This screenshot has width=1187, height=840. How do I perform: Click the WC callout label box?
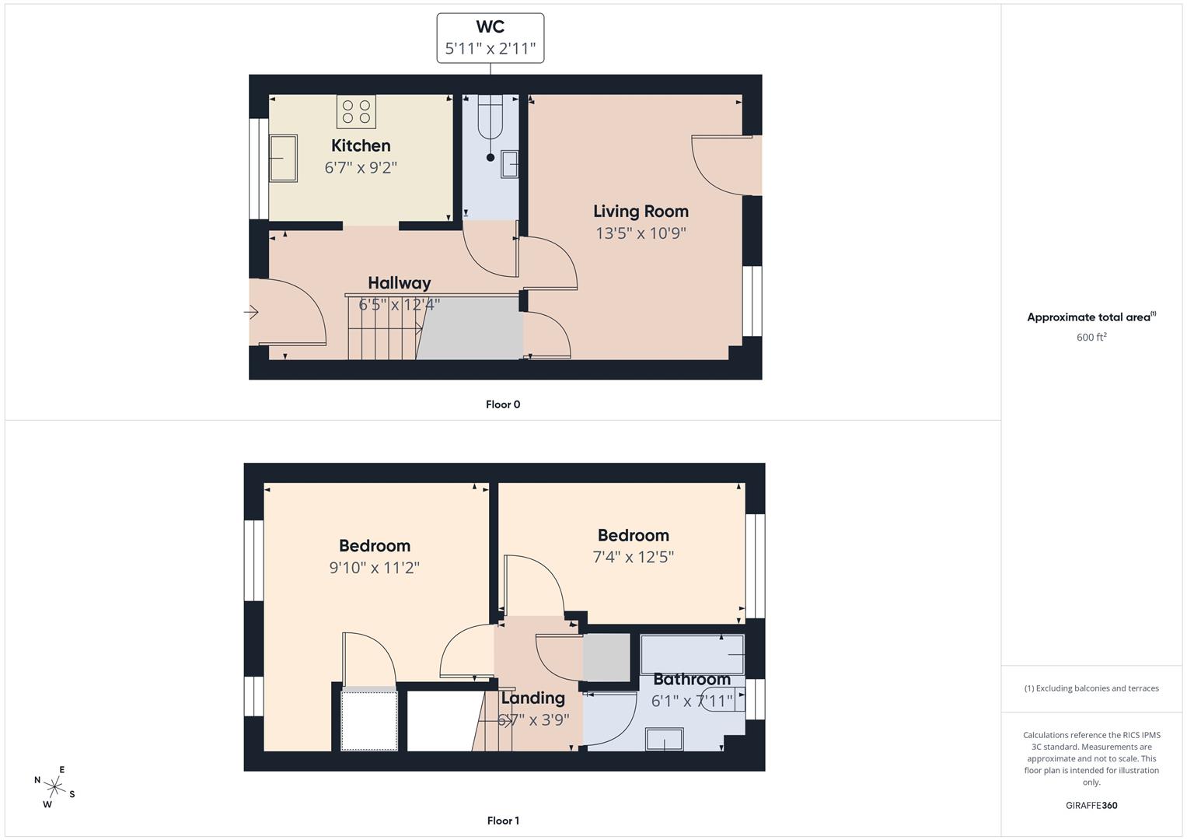tap(490, 38)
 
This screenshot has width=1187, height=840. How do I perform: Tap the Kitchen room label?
tap(361, 145)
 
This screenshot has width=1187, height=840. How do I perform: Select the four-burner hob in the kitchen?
tap(356, 111)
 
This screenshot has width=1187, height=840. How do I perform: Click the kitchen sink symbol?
tap(283, 158)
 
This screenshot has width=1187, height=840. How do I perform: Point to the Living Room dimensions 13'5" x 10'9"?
tap(641, 233)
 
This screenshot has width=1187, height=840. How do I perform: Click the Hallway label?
tap(399, 283)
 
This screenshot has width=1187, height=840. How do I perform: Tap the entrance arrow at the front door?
tap(251, 313)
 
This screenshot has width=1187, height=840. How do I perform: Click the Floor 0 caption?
tap(503, 404)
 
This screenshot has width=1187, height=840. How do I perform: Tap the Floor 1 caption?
tap(503, 821)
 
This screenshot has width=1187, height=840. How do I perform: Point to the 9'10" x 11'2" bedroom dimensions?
tap(374, 568)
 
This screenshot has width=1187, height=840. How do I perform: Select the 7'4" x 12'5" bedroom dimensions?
tap(633, 557)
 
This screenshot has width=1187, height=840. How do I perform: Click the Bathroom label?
tap(691, 679)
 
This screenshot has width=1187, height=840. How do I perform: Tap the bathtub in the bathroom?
tap(692, 653)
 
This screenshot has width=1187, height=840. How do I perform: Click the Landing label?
tap(532, 698)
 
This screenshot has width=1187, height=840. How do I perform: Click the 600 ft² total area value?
tap(1091, 337)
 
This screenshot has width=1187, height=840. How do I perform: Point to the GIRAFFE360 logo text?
tap(1091, 805)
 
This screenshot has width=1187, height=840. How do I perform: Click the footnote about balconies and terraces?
tap(1091, 688)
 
